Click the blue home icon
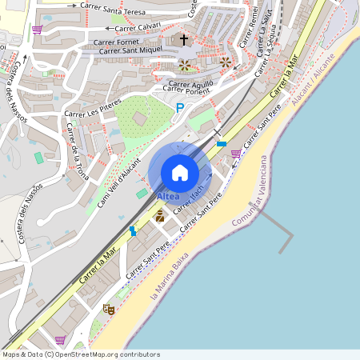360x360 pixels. pos(180,172)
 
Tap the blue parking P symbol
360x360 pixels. pos(180,107)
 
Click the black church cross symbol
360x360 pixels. pos(184,38)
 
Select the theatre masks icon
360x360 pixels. pos(110,309)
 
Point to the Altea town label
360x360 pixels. pos(169,196)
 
